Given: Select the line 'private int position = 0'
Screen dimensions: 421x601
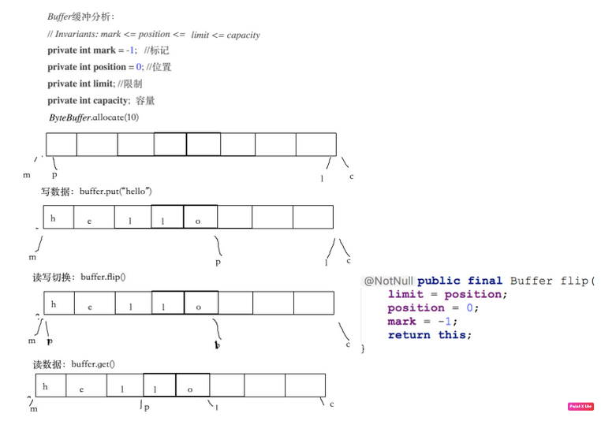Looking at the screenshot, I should pyautogui.click(x=109, y=67).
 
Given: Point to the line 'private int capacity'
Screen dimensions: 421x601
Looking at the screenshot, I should pyautogui.click(x=101, y=101).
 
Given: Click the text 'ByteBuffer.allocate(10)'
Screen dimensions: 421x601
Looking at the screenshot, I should pyautogui.click(x=94, y=117).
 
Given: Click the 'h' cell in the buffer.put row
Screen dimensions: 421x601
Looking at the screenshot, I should pyautogui.click(x=54, y=218).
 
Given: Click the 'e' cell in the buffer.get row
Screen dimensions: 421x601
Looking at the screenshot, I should pyautogui.click(x=81, y=389).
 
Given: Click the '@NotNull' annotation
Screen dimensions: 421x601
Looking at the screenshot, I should pyautogui.click(x=388, y=281).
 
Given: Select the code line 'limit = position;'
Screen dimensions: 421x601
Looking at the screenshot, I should pyautogui.click(x=447, y=294).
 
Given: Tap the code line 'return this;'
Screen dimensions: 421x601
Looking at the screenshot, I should pyautogui.click(x=429, y=335).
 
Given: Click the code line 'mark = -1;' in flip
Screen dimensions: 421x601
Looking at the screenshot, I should pyautogui.click(x=422, y=322).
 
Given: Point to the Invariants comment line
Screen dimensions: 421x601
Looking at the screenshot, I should pyautogui.click(x=153, y=34).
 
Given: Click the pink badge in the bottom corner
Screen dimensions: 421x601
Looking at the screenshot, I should pyautogui.click(x=580, y=407).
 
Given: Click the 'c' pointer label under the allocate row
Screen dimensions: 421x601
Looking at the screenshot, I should pyautogui.click(x=351, y=177).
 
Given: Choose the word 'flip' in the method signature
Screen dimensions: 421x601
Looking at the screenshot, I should pyautogui.click(x=573, y=281).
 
